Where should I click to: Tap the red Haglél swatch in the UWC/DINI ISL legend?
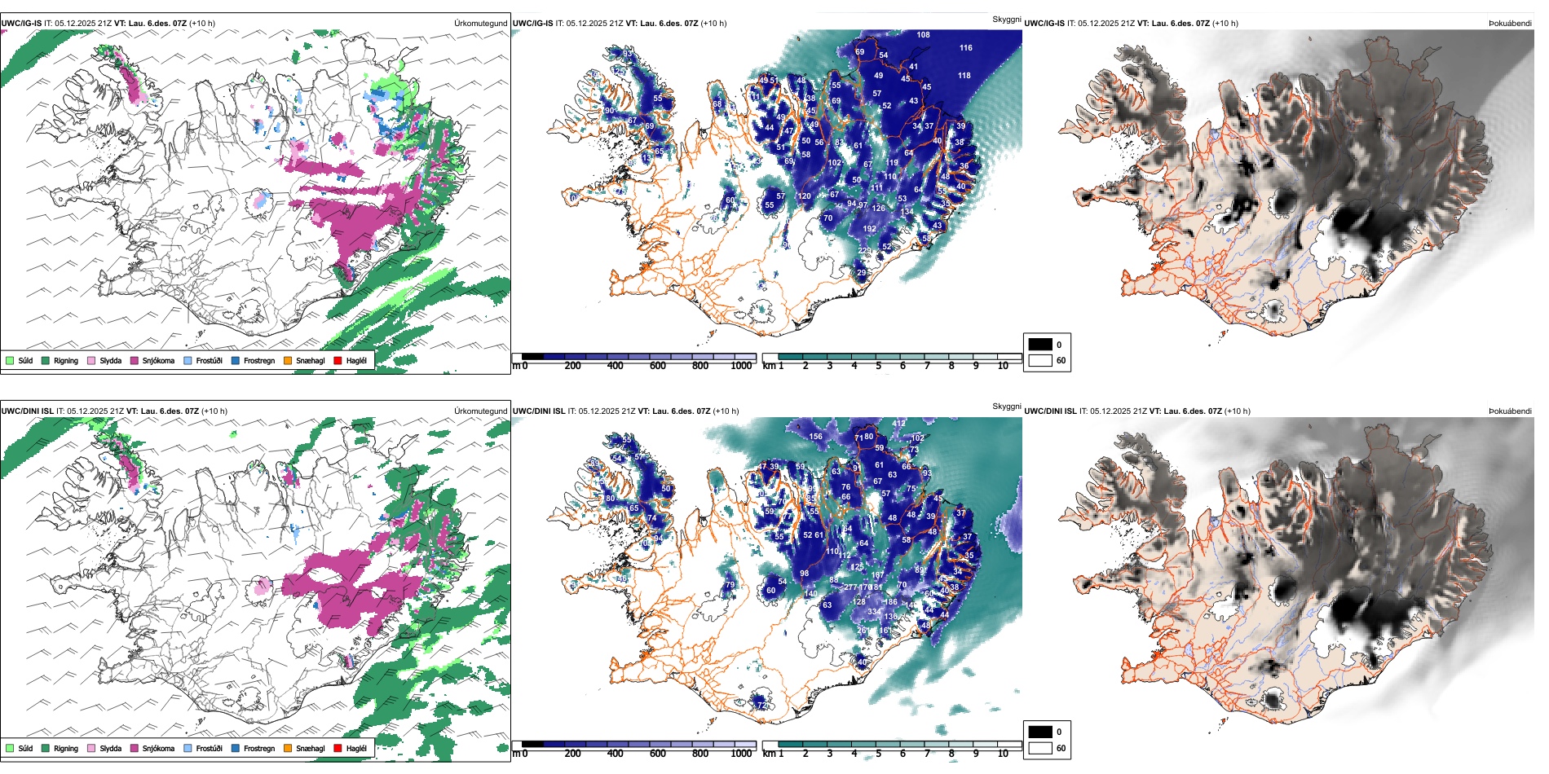pyautogui.click(x=338, y=748)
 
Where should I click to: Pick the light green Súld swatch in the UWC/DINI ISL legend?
pyautogui.click(x=10, y=748)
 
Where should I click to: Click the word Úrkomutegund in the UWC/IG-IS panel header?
pyautogui.click(x=480, y=24)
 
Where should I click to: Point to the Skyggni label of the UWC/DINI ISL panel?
pyautogui.click(x=1006, y=406)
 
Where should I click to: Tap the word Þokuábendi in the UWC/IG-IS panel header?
pyautogui.click(x=1510, y=24)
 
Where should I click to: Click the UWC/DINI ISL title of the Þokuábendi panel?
pyautogui.click(x=1050, y=411)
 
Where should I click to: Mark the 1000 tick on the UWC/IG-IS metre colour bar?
pyautogui.click(x=741, y=366)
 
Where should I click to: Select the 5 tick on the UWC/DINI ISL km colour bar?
pyautogui.click(x=879, y=754)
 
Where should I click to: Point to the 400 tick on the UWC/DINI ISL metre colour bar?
pyautogui.click(x=615, y=754)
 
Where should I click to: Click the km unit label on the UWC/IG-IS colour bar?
pyautogui.click(x=768, y=366)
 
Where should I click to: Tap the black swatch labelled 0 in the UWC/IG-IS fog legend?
pyautogui.click(x=1040, y=345)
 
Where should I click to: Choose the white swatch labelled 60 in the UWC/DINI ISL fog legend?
pyautogui.click(x=1040, y=748)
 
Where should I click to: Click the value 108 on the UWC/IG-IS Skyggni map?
pyautogui.click(x=923, y=35)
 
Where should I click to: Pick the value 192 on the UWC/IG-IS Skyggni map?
pyautogui.click(x=869, y=229)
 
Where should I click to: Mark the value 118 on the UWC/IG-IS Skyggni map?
pyautogui.click(x=964, y=76)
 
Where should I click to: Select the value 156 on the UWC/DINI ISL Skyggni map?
pyautogui.click(x=815, y=437)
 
